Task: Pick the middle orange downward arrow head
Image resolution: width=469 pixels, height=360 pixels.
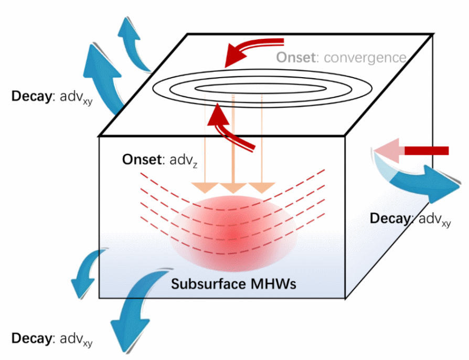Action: point(233,188)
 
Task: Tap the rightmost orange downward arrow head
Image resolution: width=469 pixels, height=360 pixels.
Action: point(262,188)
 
